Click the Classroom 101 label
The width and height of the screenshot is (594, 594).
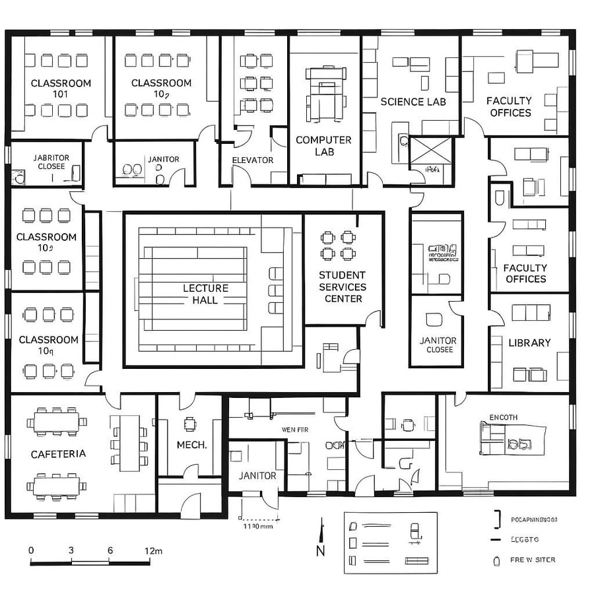tap(61, 88)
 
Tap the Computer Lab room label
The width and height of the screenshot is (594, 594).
tap(323, 146)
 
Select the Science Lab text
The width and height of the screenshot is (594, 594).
tap(413, 102)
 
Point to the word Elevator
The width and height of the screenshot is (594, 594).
tap(252, 160)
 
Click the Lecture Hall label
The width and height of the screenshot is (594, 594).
tap(205, 294)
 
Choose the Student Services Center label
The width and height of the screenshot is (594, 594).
tap(342, 286)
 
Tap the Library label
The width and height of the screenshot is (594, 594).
tap(529, 343)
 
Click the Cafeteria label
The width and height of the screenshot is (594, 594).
tap(58, 454)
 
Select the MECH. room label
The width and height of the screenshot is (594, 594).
tap(191, 445)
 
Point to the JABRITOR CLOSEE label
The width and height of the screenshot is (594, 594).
tap(51, 162)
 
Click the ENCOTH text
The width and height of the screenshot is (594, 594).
tap(503, 417)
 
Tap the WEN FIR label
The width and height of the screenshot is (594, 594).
tap(295, 430)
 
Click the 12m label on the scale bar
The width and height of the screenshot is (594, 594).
tap(153, 550)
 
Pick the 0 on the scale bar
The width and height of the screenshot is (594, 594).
tap(31, 550)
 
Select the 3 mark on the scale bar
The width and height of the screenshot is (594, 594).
tap(71, 550)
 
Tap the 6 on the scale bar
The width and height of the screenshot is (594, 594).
tap(110, 550)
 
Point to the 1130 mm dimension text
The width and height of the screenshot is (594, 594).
tap(258, 526)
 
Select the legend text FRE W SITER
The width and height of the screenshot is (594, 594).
tap(532, 560)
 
